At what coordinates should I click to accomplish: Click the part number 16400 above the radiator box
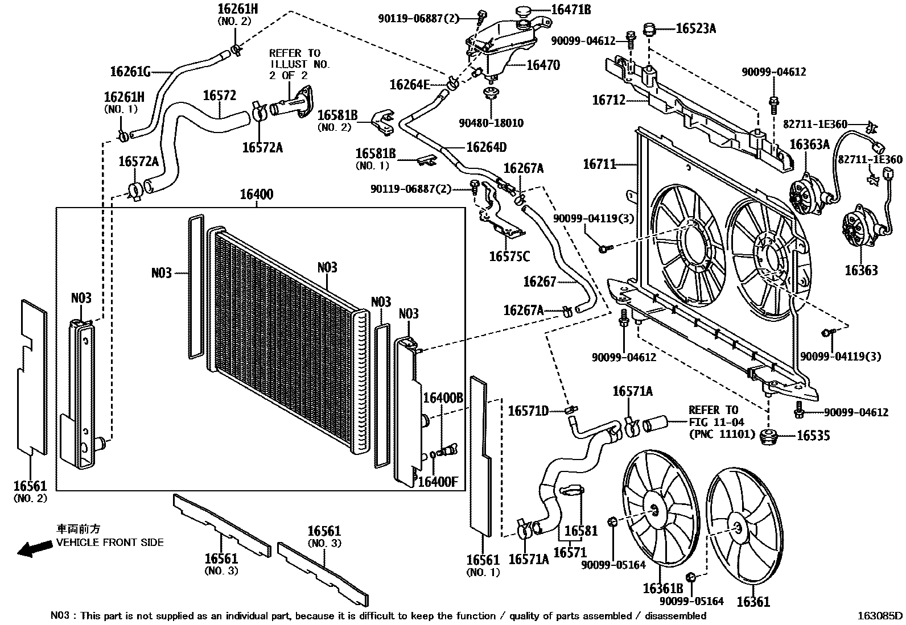[256, 194]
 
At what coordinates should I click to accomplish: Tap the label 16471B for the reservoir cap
[570, 10]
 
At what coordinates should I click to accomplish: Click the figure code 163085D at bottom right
[880, 615]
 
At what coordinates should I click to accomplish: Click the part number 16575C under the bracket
[509, 257]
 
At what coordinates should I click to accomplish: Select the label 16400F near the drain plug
[438, 482]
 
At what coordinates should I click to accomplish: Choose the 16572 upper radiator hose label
[219, 95]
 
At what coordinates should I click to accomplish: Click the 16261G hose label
[130, 72]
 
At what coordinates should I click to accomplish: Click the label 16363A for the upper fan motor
[809, 144]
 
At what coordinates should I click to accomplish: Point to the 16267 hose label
[540, 282]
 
